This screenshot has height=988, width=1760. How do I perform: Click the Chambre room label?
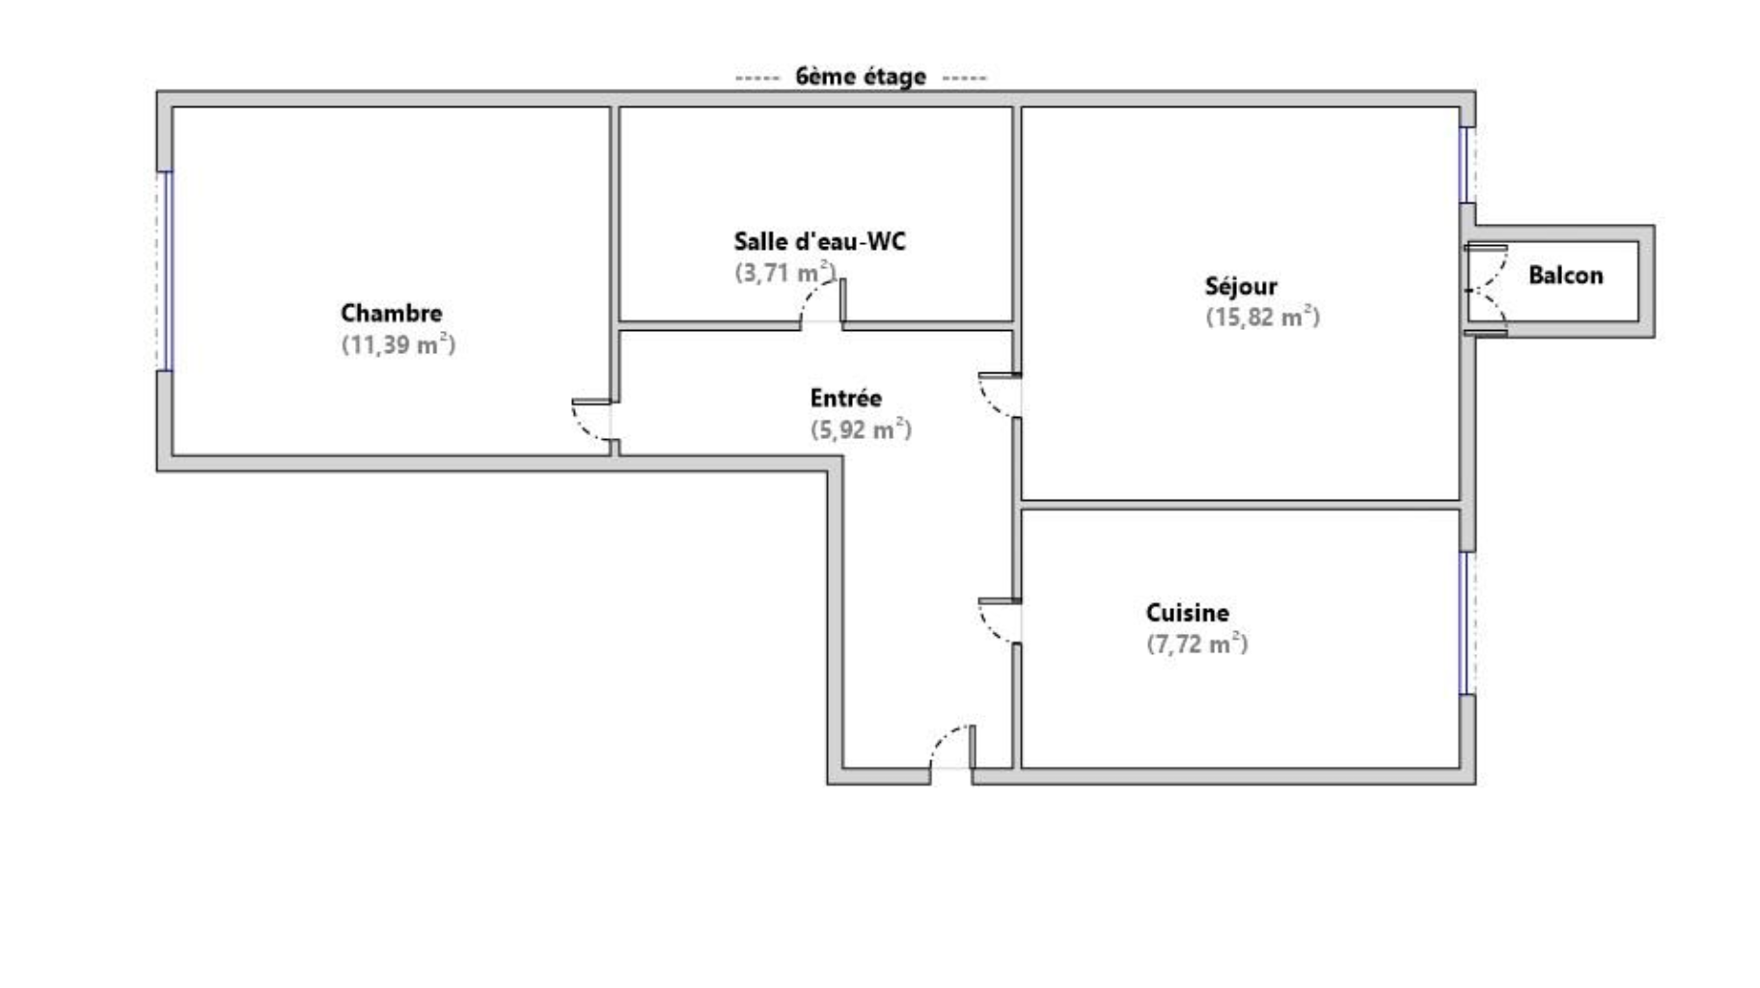point(391,313)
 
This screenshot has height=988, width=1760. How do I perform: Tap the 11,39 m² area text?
point(398,344)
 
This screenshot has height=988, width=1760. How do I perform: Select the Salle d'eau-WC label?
point(819,241)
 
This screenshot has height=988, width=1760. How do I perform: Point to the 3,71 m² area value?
point(785,272)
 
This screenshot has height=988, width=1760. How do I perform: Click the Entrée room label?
point(845,398)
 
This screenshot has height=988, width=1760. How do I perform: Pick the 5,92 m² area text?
point(861,429)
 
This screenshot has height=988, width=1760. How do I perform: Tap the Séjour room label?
point(1241,286)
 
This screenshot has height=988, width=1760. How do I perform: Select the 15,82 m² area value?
point(1262,316)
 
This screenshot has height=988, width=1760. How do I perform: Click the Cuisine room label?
point(1187,613)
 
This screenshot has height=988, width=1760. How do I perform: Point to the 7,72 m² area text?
point(1196,644)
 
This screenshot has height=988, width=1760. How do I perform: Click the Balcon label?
point(1565,275)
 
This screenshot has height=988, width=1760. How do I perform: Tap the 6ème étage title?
point(861,76)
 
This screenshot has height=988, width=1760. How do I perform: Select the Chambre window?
point(165,271)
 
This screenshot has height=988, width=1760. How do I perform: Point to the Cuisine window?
point(1468,623)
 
